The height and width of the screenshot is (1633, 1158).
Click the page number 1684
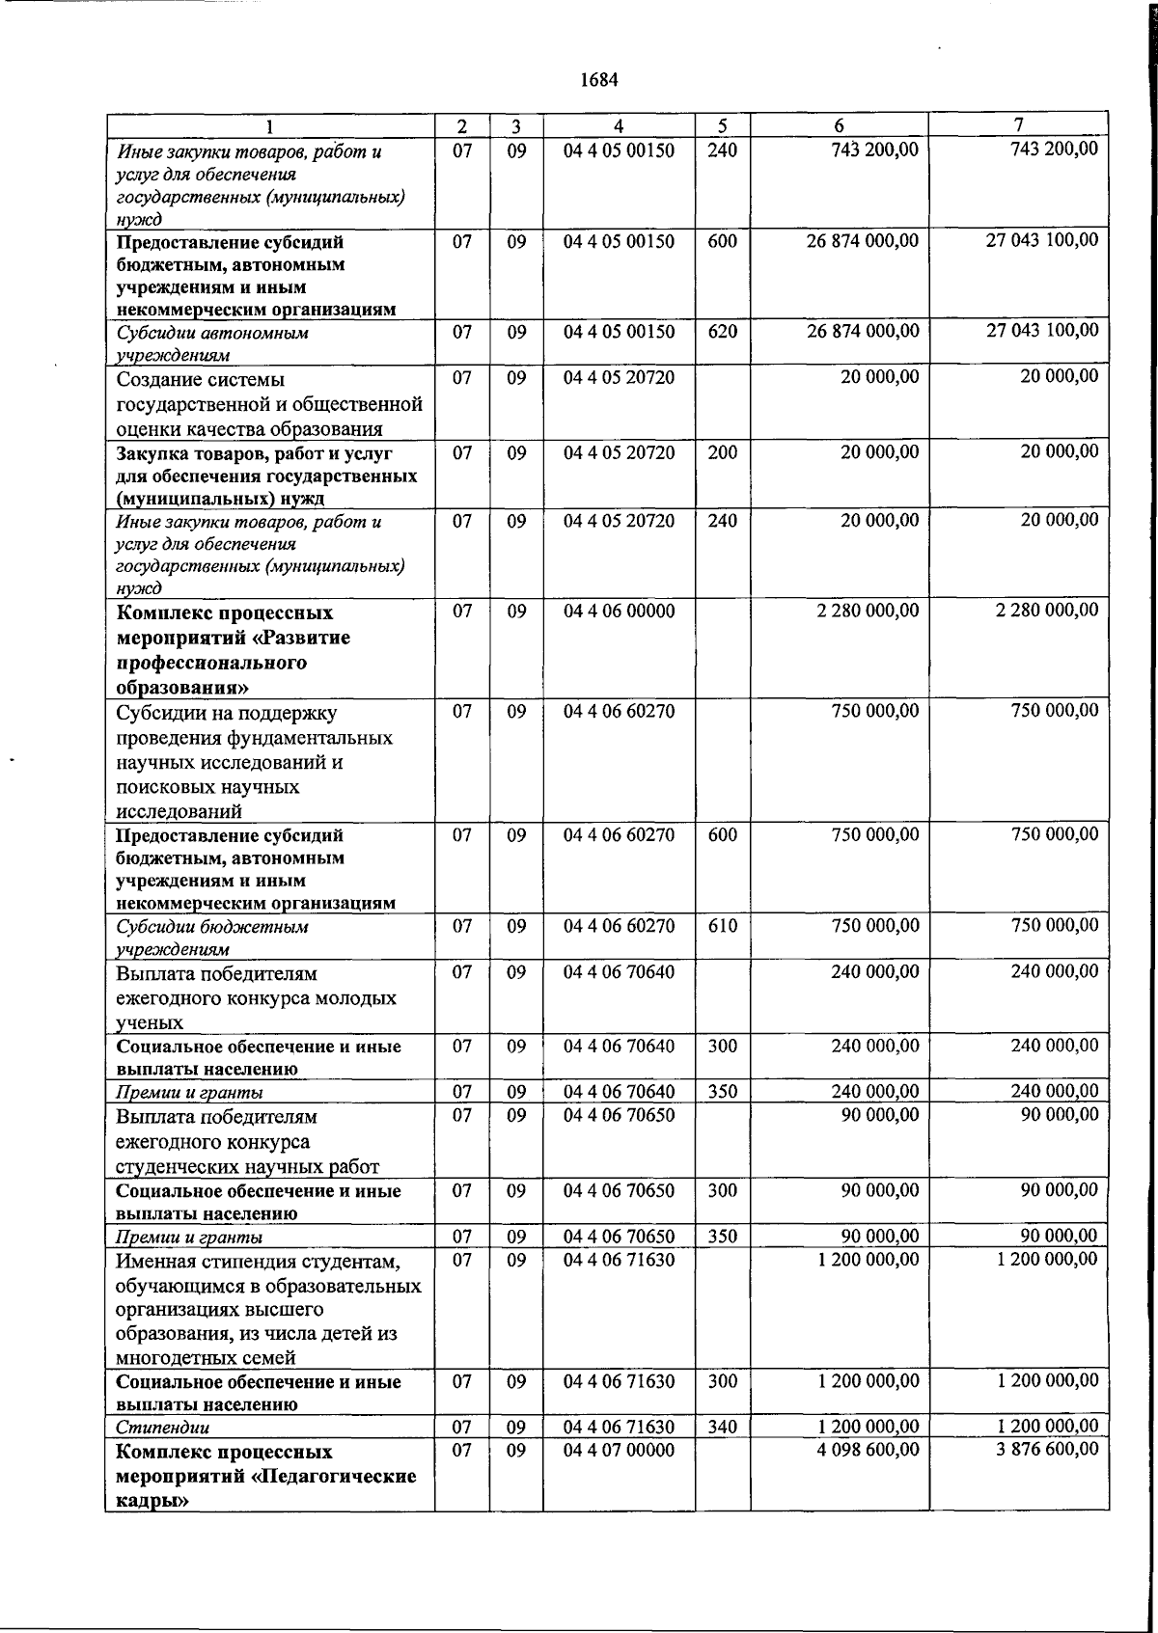click(x=598, y=80)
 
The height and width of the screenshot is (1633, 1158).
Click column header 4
click(x=619, y=125)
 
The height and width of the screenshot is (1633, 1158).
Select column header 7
click(x=1019, y=124)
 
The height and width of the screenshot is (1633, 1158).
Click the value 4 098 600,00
click(x=868, y=1449)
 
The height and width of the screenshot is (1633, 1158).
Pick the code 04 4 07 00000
click(x=619, y=1450)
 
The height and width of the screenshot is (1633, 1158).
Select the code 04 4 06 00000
click(x=619, y=611)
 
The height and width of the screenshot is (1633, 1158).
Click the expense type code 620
click(x=722, y=331)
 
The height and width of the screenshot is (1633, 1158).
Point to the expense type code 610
click(x=722, y=925)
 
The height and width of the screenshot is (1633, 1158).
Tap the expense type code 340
click(x=722, y=1427)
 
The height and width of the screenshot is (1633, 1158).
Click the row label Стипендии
click(x=162, y=1428)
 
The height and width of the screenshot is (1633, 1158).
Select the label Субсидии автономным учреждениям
click(x=211, y=343)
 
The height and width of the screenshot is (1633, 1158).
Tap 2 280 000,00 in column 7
click(x=1047, y=611)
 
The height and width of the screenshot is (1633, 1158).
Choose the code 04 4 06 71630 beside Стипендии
click(x=619, y=1427)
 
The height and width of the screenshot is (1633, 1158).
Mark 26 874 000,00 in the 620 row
click(x=863, y=331)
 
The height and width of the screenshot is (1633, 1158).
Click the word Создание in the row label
click(x=164, y=379)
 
